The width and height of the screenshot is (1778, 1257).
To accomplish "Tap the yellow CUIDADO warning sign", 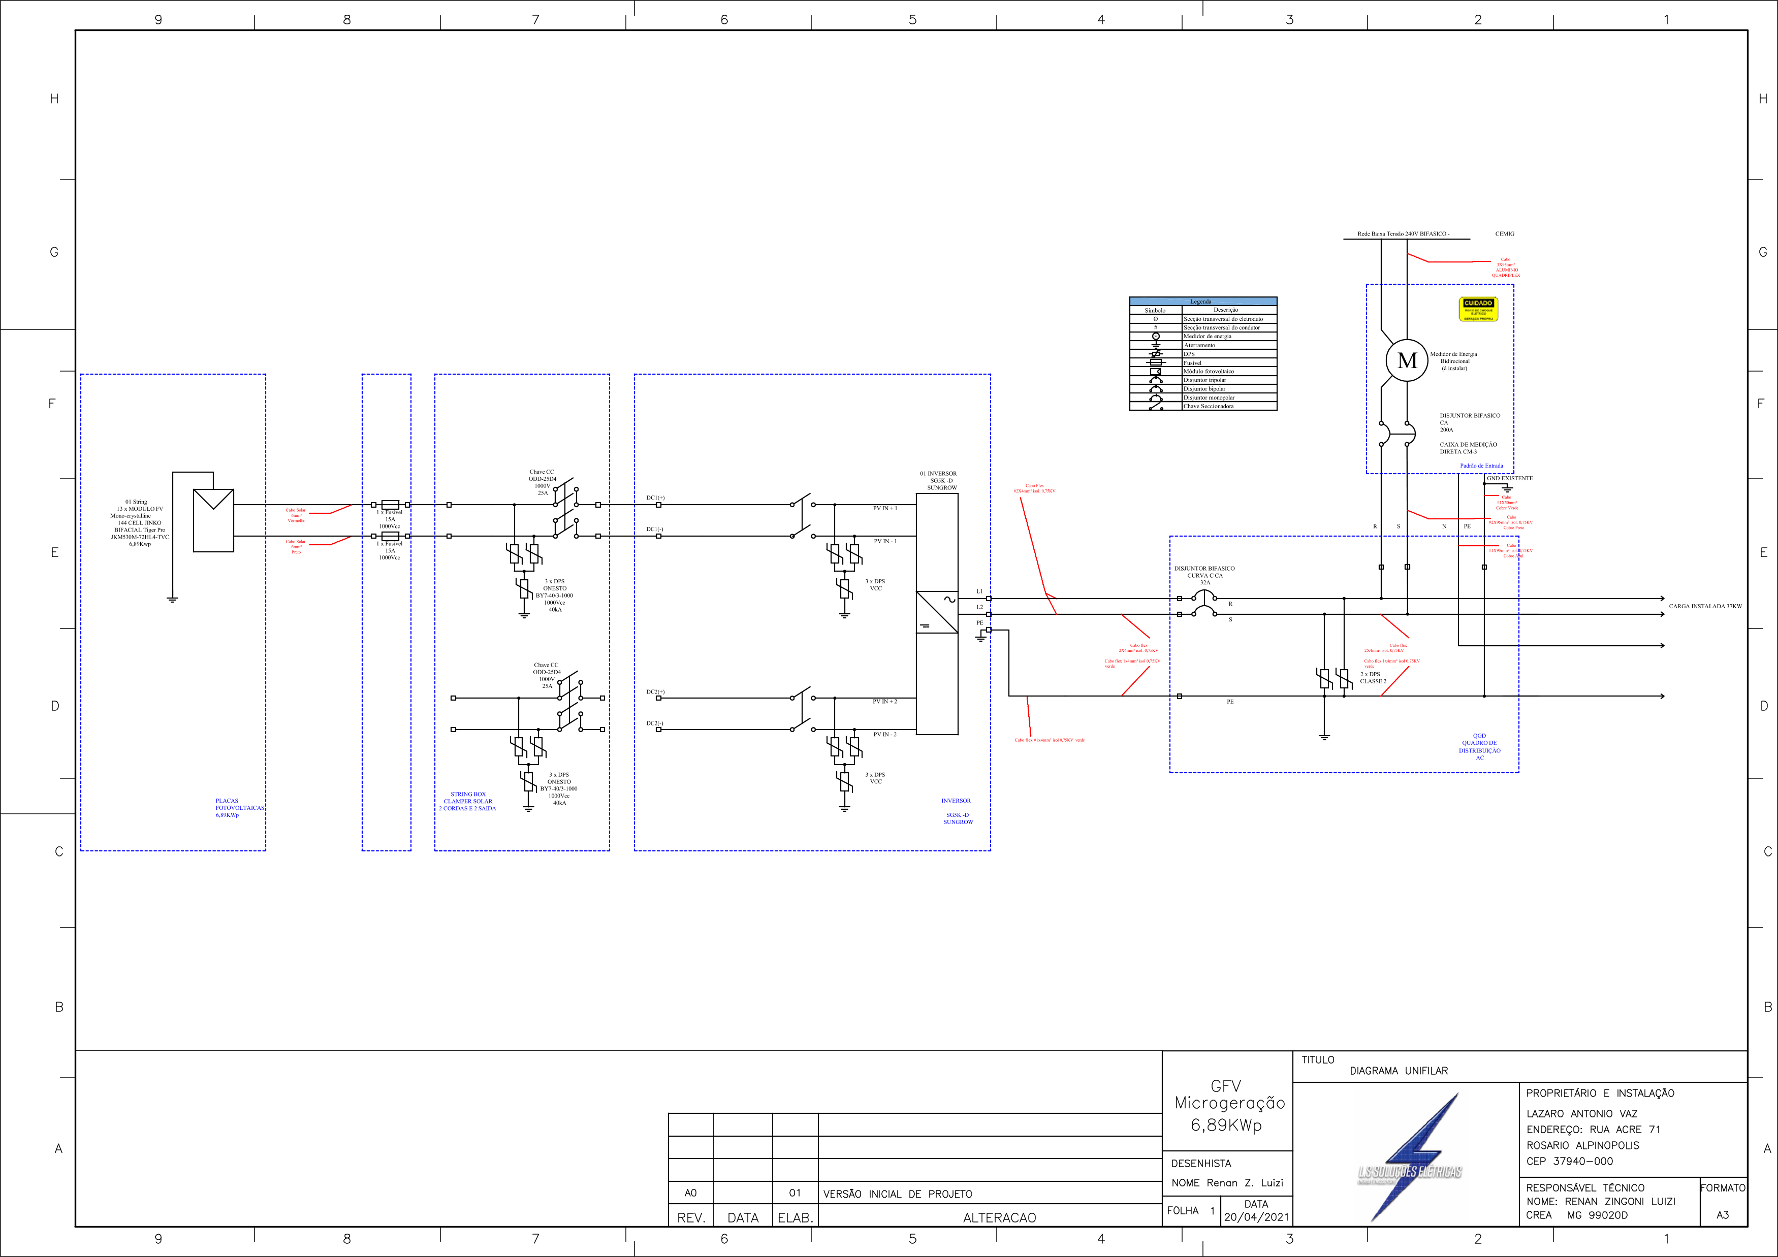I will tap(1478, 309).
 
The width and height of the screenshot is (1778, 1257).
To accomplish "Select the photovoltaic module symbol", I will tap(213, 520).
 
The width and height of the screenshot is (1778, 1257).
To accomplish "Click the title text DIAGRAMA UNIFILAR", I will tap(1399, 1071).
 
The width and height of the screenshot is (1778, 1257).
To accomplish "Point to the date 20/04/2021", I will tap(1256, 1217).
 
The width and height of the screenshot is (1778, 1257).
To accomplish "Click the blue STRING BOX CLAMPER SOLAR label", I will tap(468, 801).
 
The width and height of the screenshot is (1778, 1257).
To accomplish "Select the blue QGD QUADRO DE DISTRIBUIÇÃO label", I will tap(1479, 747).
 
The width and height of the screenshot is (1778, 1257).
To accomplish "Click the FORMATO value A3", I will tap(1722, 1214).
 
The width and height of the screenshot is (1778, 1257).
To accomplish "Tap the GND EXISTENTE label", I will tap(1509, 478).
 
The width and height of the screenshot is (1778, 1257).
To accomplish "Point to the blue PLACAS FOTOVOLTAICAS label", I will tap(239, 807).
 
